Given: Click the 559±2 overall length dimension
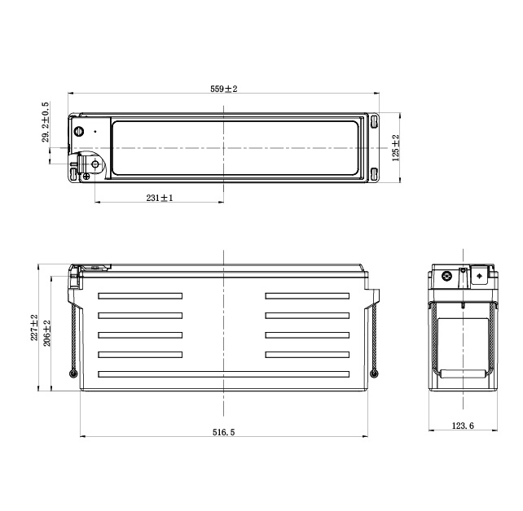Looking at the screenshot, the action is pos(223,89).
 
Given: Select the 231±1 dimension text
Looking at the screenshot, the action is pos(160,198).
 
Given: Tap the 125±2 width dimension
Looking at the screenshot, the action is pos(396,148).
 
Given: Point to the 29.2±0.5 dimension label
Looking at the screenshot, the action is pos(46,122).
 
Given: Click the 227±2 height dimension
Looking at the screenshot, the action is pos(34,327).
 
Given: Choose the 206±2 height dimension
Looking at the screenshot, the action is pos(47,333).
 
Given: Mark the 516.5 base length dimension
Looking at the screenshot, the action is pos(224,432).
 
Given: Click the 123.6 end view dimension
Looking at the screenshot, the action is pos(463,426).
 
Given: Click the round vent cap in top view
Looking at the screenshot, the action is pos(79,131).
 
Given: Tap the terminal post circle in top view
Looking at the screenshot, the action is pos(95,164).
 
